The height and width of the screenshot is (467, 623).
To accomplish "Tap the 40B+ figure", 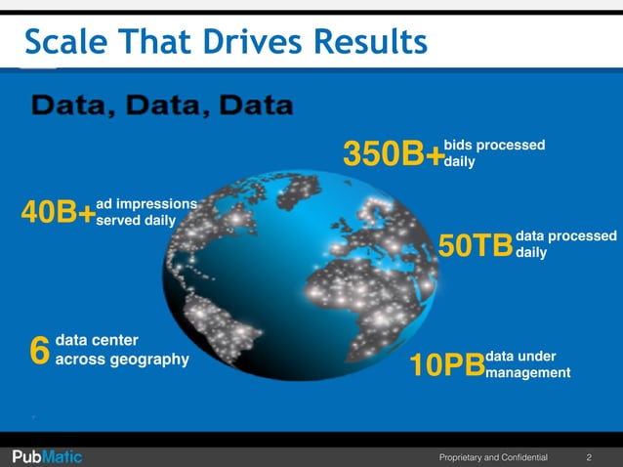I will coord(58,213).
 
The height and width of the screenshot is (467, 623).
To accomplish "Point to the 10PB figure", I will coord(446,365).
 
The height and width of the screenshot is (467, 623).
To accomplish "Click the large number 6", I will coord(39,350).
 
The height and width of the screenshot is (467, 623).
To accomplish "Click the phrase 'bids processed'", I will coord(494,145).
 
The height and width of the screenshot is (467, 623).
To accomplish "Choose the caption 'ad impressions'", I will coord(146,203).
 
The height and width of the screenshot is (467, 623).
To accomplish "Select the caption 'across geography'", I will coord(122,360).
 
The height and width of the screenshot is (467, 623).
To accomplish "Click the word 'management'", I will coord(527,372).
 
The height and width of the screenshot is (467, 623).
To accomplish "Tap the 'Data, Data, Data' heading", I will coord(163,104).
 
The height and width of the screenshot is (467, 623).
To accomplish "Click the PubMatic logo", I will coord(47,456).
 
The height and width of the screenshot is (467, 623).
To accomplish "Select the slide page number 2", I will coord(589,456).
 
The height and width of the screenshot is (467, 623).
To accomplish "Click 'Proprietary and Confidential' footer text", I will coord(493,456).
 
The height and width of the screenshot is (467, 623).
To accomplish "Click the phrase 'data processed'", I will coord(566,236).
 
